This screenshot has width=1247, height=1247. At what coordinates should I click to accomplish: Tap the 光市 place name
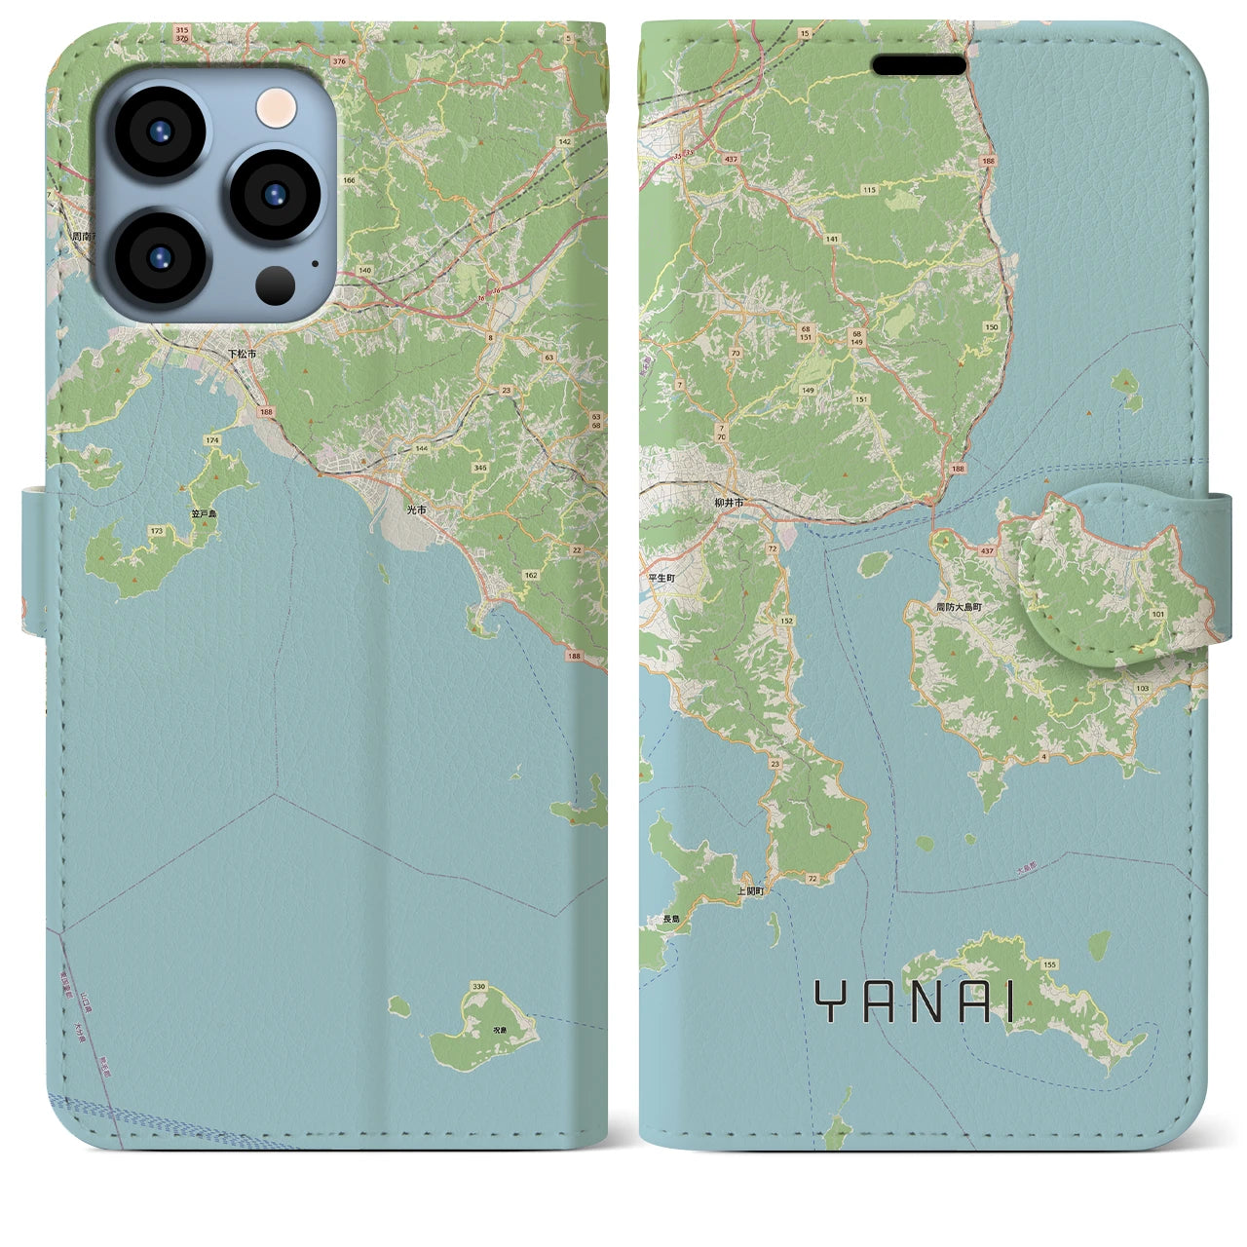coord(417,510)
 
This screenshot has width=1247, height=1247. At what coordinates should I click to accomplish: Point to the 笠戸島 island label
coord(205,513)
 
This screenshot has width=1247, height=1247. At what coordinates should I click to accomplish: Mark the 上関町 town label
coord(750,890)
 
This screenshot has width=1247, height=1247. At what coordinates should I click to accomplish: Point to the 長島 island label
coord(670,919)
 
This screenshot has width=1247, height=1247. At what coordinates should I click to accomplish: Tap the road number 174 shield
coord(211,441)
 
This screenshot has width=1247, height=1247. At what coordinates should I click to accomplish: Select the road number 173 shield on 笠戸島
coord(157,531)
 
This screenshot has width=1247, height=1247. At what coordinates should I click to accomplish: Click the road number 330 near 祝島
coord(477,987)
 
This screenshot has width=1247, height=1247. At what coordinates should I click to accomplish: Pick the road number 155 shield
coord(1048,964)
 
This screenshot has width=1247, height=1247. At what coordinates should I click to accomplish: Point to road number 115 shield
coord(869,190)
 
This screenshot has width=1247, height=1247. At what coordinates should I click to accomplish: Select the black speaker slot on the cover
coord(919,65)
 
